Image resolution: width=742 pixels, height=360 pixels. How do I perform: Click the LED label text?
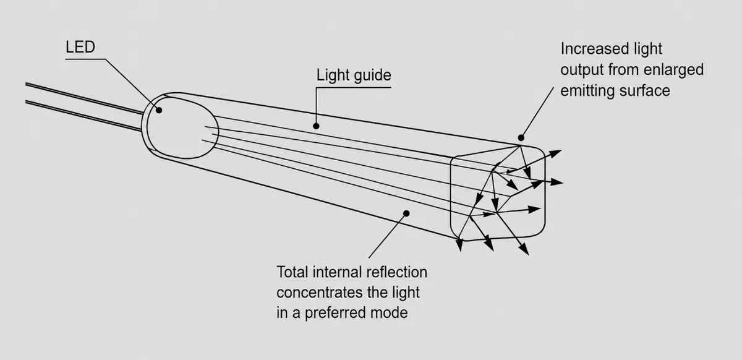(x=80, y=47)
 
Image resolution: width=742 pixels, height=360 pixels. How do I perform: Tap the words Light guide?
(x=354, y=75)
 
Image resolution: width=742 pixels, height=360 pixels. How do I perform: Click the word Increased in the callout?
(x=592, y=49)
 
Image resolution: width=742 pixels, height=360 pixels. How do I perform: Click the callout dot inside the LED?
(x=159, y=110)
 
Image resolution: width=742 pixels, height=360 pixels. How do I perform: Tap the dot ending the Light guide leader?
(x=316, y=126)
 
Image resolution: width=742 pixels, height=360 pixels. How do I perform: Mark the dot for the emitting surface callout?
(x=521, y=137)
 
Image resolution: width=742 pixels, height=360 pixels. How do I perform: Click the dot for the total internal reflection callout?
(x=406, y=213)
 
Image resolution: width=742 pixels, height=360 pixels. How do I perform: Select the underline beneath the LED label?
(x=85, y=59)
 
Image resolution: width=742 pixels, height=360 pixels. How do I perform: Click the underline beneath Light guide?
(x=354, y=87)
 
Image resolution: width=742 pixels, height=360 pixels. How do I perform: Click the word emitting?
(x=587, y=91)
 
